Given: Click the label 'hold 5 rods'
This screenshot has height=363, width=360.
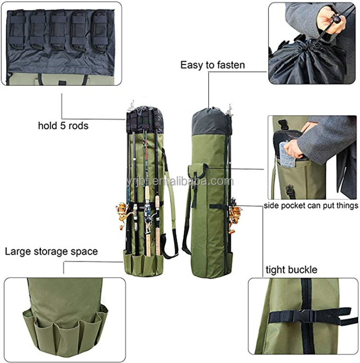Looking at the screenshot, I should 63,126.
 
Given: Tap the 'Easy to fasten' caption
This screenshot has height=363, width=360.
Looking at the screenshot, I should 212,65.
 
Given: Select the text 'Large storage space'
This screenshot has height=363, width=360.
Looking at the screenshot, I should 51,251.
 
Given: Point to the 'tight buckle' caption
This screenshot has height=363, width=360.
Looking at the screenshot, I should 291,269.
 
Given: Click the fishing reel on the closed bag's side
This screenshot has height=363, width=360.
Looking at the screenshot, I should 235,215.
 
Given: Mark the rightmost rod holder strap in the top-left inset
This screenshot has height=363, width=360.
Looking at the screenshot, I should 100,30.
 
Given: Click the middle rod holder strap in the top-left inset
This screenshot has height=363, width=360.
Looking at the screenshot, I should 60,30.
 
